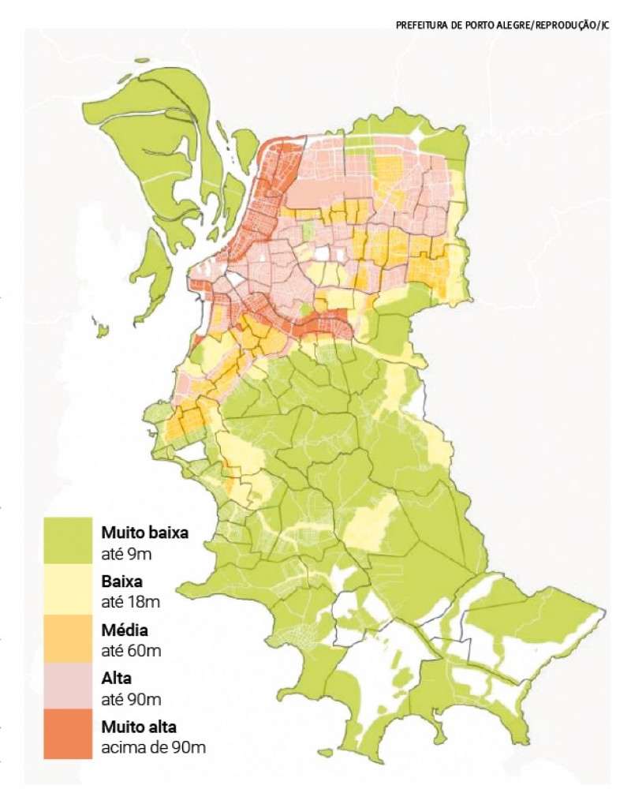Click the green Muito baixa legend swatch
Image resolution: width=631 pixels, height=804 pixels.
pyautogui.click(x=68, y=540)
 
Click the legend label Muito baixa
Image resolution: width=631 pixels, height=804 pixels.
pyautogui.click(x=144, y=533)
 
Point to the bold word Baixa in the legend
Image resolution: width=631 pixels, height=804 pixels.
pyautogui.click(x=121, y=582)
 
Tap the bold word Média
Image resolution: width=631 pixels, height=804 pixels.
pyautogui.click(x=125, y=630)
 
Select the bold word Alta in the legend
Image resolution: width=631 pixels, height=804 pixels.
pyautogui.click(x=117, y=679)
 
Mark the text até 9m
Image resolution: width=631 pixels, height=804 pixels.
pyautogui.click(x=126, y=554)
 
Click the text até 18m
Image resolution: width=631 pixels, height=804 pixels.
pyautogui.click(x=130, y=603)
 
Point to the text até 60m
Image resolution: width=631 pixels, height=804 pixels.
pyautogui.click(x=131, y=652)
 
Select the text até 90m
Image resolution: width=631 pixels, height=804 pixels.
pyautogui.click(x=131, y=700)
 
